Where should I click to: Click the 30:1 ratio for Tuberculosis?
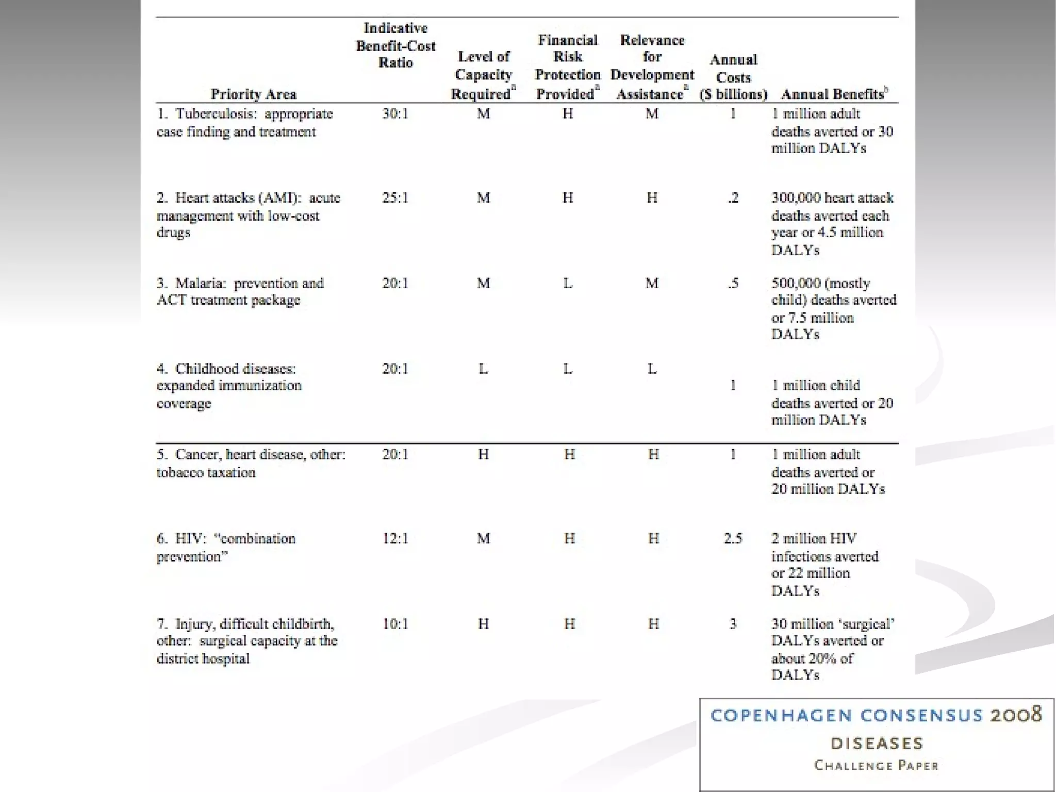395,113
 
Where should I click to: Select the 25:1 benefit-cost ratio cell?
395,198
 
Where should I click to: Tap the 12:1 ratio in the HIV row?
395,539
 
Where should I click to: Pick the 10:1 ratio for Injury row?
395,624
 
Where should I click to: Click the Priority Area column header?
253,94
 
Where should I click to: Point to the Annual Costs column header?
733,77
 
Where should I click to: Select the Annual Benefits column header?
834,94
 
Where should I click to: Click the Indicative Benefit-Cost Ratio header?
395,45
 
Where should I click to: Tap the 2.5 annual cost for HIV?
733,539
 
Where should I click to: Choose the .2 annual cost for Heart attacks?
733,198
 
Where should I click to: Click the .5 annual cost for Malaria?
733,283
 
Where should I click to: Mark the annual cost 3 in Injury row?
733,624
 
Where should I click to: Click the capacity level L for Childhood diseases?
483,369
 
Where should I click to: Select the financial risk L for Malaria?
568,283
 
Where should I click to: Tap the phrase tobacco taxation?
206,472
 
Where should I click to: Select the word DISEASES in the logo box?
877,744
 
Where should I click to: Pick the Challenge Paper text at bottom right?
876,765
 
